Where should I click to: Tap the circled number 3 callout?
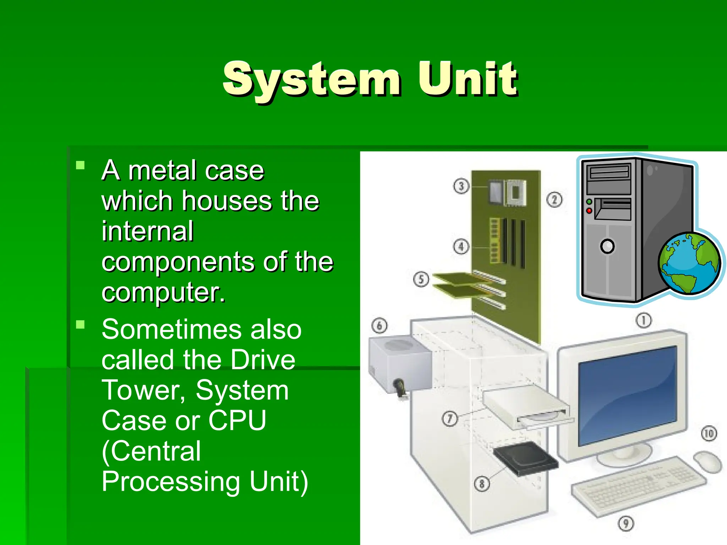pyautogui.click(x=461, y=186)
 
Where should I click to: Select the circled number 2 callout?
pyautogui.click(x=554, y=200)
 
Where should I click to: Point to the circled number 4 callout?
pyautogui.click(x=461, y=246)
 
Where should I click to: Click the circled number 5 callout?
pyautogui.click(x=421, y=279)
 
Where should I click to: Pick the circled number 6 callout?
pyautogui.click(x=379, y=325)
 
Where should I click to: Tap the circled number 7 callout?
pyautogui.click(x=449, y=419)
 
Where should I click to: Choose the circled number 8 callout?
pyautogui.click(x=482, y=483)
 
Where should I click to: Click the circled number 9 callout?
pyautogui.click(x=625, y=523)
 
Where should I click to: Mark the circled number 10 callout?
pyautogui.click(x=709, y=433)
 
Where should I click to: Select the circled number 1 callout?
pyautogui.click(x=643, y=320)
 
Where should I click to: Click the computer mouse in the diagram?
pyautogui.click(x=707, y=462)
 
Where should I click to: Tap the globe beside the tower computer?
pyautogui.click(x=689, y=263)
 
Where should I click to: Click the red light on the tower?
pyautogui.click(x=589, y=211)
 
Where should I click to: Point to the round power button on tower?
pyautogui.click(x=607, y=246)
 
